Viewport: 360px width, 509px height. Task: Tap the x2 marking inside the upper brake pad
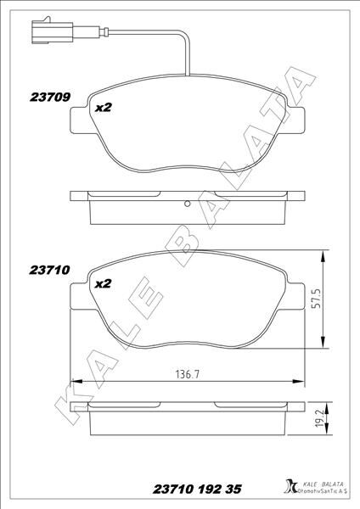pyautogui.click(x=103, y=109)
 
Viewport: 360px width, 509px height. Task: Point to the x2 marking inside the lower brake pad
pyautogui.click(x=103, y=284)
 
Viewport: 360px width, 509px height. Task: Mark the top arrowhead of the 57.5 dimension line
pyautogui.click(x=323, y=253)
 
